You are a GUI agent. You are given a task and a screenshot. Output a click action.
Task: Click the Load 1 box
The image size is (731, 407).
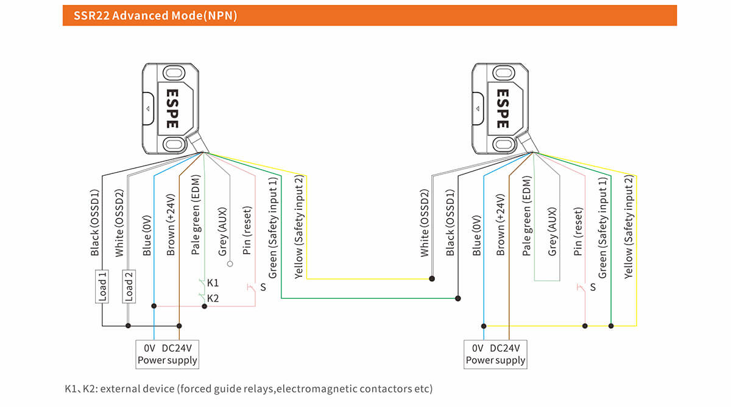[102, 286]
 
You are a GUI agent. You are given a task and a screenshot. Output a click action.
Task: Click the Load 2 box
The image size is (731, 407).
[129, 286]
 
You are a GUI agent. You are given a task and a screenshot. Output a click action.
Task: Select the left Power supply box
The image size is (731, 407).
[167, 353]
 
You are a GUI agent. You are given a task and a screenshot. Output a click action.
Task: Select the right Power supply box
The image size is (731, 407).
[495, 353]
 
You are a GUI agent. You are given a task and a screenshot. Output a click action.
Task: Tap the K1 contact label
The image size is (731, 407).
[213, 283]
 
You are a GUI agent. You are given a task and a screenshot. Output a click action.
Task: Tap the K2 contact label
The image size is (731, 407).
[213, 298]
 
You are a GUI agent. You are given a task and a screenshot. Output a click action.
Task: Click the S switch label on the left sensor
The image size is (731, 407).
[263, 287]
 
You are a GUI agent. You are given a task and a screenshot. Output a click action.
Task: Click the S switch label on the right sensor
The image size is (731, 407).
[592, 287]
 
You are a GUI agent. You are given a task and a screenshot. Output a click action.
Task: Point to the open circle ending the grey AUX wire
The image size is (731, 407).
[230, 265]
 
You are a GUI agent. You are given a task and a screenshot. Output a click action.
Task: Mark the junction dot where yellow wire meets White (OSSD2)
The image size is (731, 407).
[432, 279]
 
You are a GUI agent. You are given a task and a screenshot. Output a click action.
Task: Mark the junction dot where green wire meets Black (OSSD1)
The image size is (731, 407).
[457, 298]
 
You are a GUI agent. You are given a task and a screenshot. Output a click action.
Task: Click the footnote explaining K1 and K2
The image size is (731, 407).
[249, 388]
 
